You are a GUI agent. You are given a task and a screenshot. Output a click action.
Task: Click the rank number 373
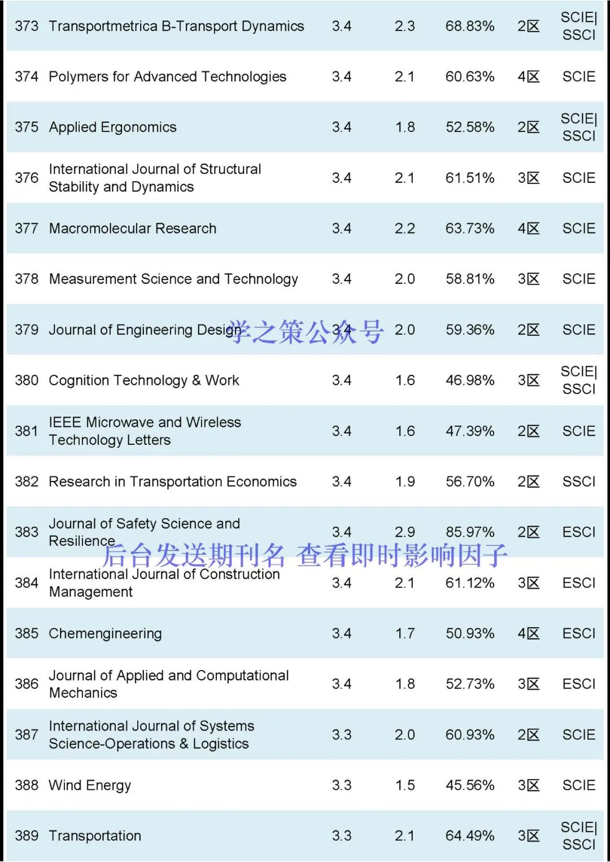(27, 26)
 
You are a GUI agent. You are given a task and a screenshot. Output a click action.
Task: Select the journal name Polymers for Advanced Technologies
(167, 76)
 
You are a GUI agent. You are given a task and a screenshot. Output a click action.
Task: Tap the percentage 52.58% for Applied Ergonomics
(469, 127)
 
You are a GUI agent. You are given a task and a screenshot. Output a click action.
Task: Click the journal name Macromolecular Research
(132, 228)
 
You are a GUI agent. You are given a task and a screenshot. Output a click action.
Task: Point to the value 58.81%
(469, 279)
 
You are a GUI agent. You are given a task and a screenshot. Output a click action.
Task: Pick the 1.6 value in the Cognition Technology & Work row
(404, 380)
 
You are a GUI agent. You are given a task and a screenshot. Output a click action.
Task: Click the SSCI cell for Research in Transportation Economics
(578, 482)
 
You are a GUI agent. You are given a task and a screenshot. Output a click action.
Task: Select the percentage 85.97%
(469, 532)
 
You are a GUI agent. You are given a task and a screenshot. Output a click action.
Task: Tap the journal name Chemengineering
(105, 633)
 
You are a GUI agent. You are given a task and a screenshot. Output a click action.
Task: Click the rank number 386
(27, 684)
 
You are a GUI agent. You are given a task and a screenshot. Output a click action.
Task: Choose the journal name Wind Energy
(90, 785)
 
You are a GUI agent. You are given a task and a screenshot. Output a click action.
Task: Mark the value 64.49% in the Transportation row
(469, 835)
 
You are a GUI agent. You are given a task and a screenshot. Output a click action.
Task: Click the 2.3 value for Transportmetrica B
(404, 26)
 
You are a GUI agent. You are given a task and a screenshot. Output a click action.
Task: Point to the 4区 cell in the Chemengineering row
(528, 633)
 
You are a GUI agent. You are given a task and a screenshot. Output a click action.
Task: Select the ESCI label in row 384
(578, 583)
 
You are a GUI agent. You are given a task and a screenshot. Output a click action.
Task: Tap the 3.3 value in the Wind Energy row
(341, 785)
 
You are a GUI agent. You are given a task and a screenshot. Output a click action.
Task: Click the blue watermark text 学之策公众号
(306, 331)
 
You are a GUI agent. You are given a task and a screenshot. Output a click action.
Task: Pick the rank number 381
(27, 431)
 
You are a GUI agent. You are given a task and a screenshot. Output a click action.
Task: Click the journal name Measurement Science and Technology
(173, 279)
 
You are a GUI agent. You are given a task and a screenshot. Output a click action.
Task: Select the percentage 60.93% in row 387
(469, 734)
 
